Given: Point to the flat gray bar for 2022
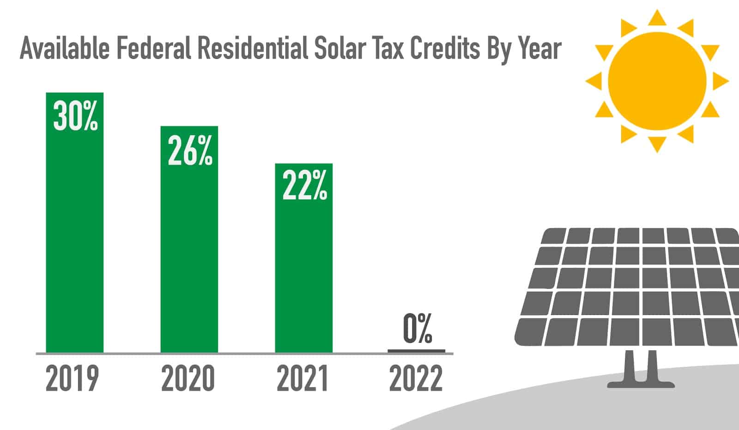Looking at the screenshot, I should click(x=416, y=351).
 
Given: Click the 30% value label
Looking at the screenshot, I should click(x=75, y=116).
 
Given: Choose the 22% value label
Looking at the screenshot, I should click(x=304, y=185).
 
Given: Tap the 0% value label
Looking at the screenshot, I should click(x=417, y=328).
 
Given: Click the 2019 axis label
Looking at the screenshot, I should click(x=73, y=379).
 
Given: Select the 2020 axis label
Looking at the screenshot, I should click(x=188, y=379).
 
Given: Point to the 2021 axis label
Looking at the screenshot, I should click(x=303, y=379).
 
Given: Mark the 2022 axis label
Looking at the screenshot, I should click(x=416, y=379).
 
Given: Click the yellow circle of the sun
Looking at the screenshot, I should click(x=657, y=81).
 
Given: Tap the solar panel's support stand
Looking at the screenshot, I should click(x=641, y=369).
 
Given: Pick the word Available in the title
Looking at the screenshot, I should click(x=65, y=48).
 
